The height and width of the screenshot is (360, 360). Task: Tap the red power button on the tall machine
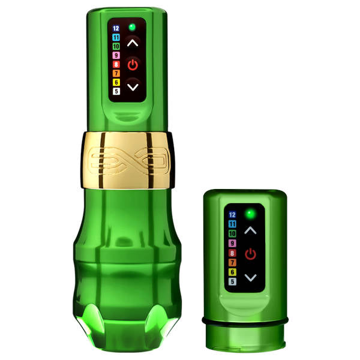(x=133, y=64)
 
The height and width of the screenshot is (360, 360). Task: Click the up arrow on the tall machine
(x=133, y=43)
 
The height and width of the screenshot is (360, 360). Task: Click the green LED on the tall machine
(x=132, y=27)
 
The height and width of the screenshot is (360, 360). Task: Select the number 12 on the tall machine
(x=116, y=28)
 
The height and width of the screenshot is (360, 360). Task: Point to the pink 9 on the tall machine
(x=116, y=55)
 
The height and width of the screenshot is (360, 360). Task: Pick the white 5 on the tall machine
(x=116, y=91)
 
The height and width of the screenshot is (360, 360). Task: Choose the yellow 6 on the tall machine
(x=116, y=82)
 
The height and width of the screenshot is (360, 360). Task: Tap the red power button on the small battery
(x=250, y=254)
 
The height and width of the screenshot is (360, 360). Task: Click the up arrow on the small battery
(x=250, y=230)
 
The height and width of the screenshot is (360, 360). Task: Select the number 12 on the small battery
(x=233, y=215)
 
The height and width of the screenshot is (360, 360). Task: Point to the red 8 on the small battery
(x=233, y=253)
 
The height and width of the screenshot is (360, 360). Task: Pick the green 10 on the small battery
(x=233, y=234)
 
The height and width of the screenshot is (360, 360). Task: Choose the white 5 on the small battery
(x=233, y=281)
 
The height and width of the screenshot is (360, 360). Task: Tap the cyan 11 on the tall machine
(x=116, y=37)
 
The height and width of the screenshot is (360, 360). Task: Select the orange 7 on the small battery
(x=233, y=262)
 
